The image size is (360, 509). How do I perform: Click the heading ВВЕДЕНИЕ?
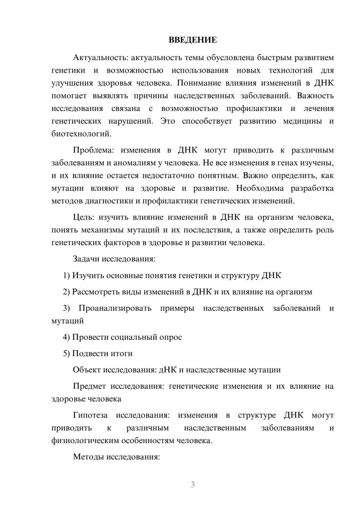pyautogui.click(x=193, y=40)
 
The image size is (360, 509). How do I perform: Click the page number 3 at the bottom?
pyautogui.click(x=193, y=485)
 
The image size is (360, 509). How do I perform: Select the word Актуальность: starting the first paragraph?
pyautogui.click(x=100, y=58)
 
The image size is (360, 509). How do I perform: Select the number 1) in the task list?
pyautogui.click(x=66, y=275)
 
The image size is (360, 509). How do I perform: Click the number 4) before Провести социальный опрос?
pyautogui.click(x=66, y=337)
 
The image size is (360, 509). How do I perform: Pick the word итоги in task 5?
pyautogui.click(x=122, y=353)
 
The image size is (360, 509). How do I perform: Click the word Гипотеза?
pyautogui.click(x=90, y=415)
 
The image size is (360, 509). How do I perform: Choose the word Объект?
pyautogui.click(x=87, y=370)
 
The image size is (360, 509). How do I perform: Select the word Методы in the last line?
pyautogui.click(x=87, y=457)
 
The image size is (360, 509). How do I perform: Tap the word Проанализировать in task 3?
pyautogui.click(x=115, y=308)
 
